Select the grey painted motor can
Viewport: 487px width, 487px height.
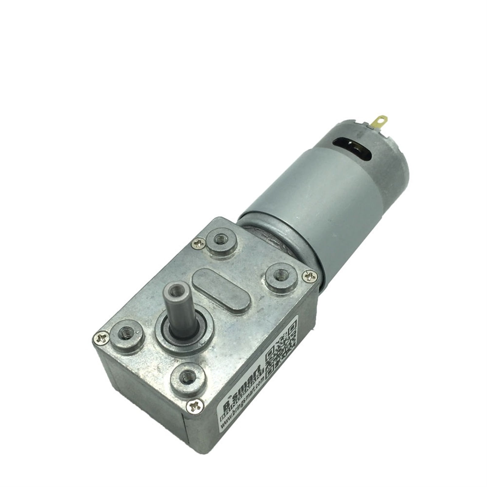coord(316,207)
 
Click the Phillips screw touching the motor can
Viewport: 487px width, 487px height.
coord(309,276)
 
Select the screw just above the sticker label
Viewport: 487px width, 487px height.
coord(195,406)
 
